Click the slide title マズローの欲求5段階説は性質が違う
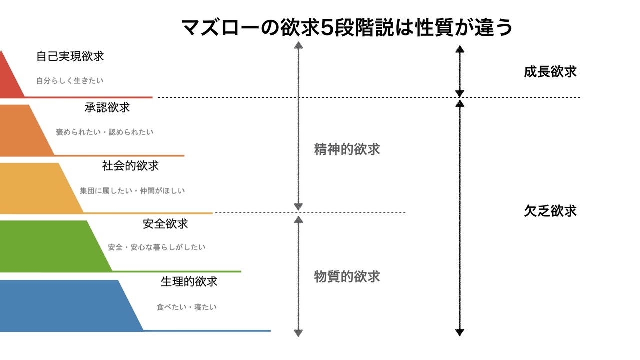click(347, 27)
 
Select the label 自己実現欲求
click(70, 56)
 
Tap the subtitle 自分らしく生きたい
click(70, 80)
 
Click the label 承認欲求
click(107, 107)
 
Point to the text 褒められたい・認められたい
click(105, 132)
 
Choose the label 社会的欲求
click(130, 166)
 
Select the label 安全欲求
click(165, 224)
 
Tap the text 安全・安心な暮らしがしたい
click(157, 247)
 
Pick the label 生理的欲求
click(189, 281)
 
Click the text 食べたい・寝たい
click(187, 307)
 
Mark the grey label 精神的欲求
click(347, 149)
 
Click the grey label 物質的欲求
click(347, 276)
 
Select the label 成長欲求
click(550, 72)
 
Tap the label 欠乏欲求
click(550, 211)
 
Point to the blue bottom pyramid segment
click(65, 305)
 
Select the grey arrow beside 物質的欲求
click(298, 275)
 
